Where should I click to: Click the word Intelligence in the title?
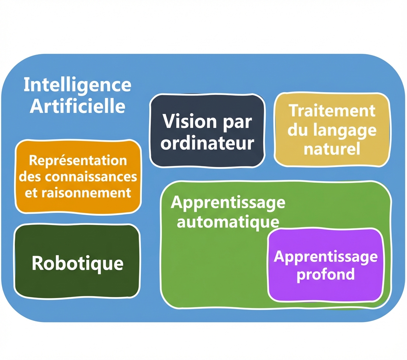[77, 85]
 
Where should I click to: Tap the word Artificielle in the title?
[77, 106]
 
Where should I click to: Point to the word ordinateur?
[207, 143]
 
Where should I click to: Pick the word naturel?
[332, 149]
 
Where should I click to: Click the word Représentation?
[78, 160]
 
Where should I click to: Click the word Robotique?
[77, 263]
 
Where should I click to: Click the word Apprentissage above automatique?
[228, 202]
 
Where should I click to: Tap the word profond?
[326, 274]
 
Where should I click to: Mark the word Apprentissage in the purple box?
[326, 256]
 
